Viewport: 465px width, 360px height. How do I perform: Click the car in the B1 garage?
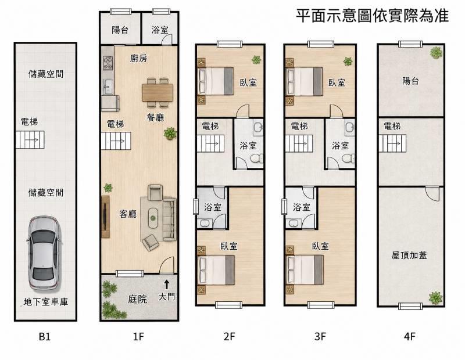tap(44, 254)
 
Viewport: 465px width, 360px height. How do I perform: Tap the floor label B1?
tap(45, 337)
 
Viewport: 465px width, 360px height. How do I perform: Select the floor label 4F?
tap(410, 337)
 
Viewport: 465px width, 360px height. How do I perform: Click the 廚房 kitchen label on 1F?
tap(138, 59)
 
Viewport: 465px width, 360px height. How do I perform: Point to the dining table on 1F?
tap(157, 93)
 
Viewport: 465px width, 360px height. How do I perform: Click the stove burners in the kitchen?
tap(108, 63)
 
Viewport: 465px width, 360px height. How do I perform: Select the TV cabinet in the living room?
tap(105, 217)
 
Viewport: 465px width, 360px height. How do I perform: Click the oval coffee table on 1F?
tap(153, 218)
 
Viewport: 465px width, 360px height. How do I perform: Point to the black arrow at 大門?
tap(167, 284)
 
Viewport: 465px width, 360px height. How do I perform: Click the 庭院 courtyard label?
tap(138, 299)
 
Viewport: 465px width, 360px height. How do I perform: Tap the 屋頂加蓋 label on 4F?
tap(409, 255)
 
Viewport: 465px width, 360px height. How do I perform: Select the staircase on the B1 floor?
tap(30, 139)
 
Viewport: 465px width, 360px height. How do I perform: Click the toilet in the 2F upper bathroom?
tap(256, 159)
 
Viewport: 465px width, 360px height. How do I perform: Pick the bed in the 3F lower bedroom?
tap(305, 270)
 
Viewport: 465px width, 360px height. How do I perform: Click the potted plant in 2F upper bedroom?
tap(256, 60)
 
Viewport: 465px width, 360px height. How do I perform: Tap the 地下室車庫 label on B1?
tap(46, 302)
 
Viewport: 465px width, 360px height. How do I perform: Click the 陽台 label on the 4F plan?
tap(410, 81)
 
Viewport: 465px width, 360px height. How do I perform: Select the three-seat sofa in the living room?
tap(169, 219)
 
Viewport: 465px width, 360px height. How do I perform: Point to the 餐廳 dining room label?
tap(156, 118)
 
